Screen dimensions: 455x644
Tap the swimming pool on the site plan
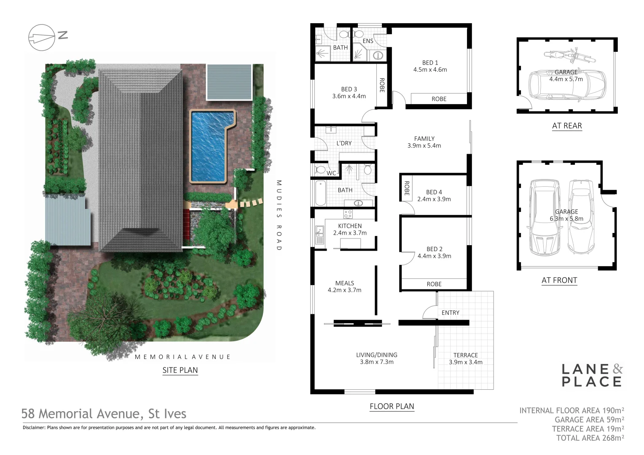coord(209,145)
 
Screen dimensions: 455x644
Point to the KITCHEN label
coord(350,226)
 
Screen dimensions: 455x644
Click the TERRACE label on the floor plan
coord(465,355)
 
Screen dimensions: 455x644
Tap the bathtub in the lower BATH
coord(321,193)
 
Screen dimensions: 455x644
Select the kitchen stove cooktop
coord(348,214)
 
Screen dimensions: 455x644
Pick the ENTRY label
coord(450,313)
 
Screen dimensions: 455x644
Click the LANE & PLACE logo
coord(592,375)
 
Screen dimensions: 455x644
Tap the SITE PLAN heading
coord(180,370)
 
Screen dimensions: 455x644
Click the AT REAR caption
coord(567,126)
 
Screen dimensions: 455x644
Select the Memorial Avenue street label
coord(182,357)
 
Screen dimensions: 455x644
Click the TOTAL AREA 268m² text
coord(590,438)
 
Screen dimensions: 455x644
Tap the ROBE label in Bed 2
coord(434,284)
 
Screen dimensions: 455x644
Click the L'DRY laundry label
coord(344,143)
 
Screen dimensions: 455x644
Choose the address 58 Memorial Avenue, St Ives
coord(104,414)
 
